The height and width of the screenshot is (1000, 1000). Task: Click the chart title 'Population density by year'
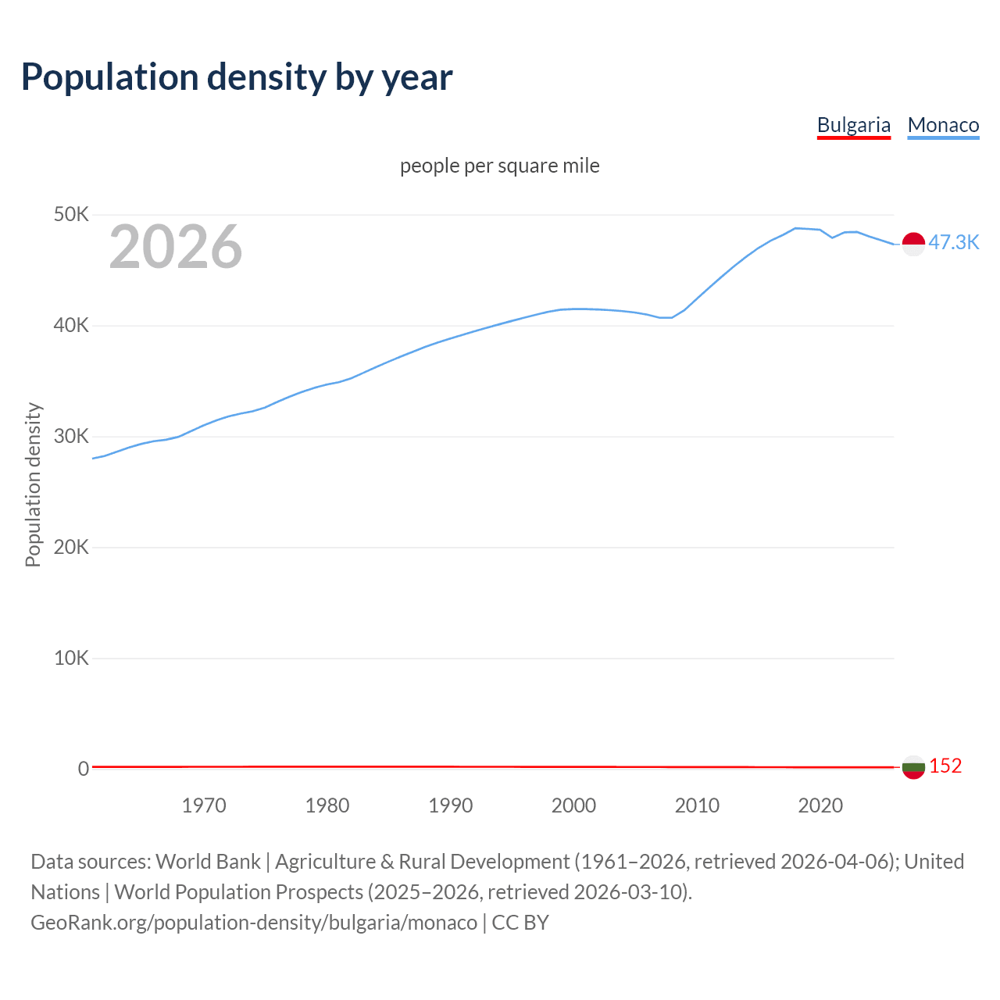click(237, 77)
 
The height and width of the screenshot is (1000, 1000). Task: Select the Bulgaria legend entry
click(853, 125)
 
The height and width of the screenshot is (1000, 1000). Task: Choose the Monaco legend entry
click(943, 125)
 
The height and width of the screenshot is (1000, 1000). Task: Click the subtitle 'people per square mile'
click(499, 166)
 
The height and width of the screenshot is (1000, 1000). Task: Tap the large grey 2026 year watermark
click(176, 247)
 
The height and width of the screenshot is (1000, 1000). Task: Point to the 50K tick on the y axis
click(71, 214)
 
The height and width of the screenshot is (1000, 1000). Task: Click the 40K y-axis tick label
click(71, 325)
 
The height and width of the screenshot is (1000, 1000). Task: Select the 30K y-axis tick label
click(71, 436)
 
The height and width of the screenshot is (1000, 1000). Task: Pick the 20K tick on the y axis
click(71, 547)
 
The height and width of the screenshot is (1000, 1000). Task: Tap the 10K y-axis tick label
click(71, 658)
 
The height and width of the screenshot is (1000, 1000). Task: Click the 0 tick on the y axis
click(83, 769)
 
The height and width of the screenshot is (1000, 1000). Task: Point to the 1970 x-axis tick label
click(204, 805)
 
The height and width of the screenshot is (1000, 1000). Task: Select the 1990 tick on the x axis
click(451, 805)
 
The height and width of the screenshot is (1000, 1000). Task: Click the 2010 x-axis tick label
click(697, 805)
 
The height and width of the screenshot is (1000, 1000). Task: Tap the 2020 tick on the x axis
click(820, 805)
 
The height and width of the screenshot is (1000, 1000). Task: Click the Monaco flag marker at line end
click(913, 244)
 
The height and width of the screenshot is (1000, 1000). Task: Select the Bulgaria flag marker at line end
click(913, 767)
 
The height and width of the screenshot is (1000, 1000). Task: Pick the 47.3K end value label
click(953, 242)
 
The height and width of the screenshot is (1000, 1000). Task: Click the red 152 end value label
click(945, 766)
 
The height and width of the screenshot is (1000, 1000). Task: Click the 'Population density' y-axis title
click(33, 484)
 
